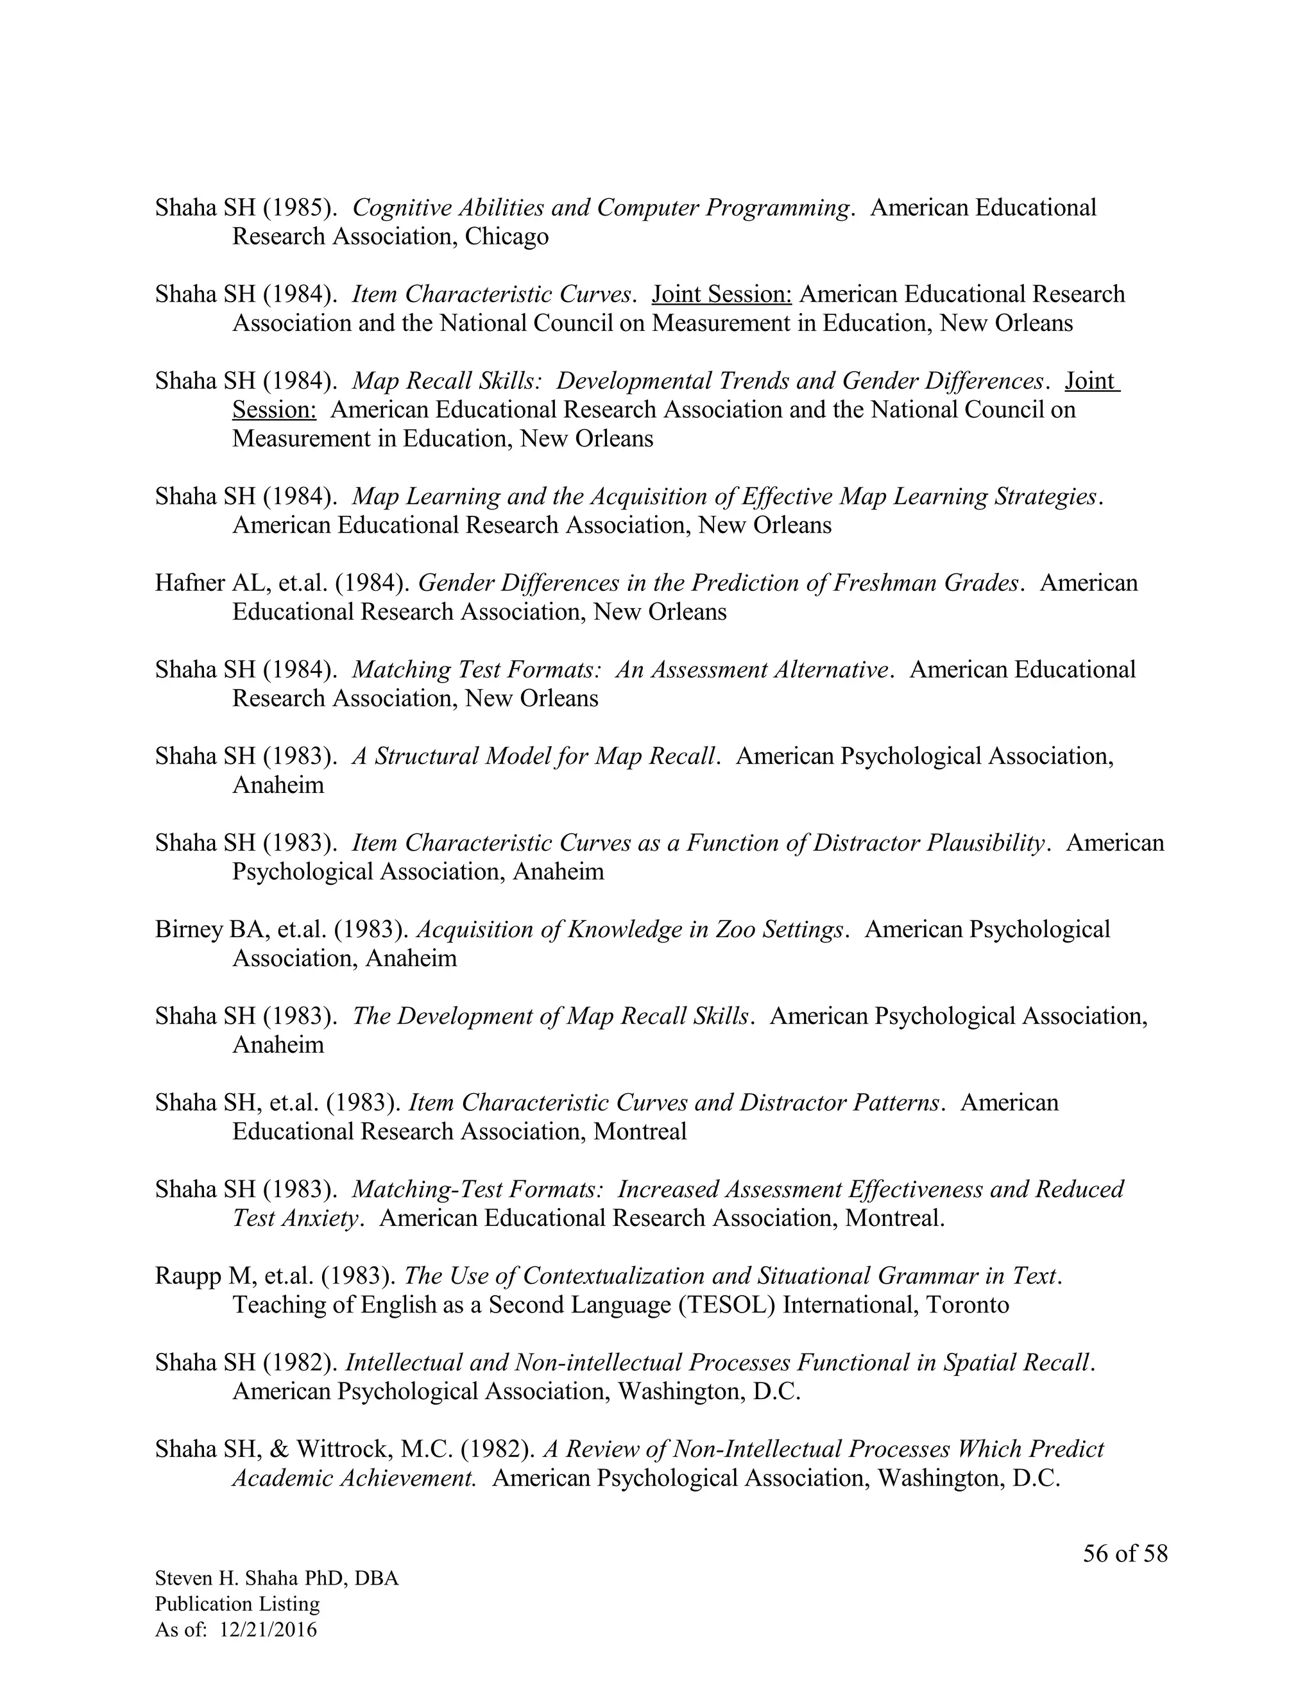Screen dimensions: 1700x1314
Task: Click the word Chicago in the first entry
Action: (x=506, y=237)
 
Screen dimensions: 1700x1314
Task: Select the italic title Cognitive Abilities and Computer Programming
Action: (x=599, y=208)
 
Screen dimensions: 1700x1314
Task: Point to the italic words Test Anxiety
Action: (x=296, y=1218)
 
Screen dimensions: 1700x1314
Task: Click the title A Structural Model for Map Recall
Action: (x=533, y=756)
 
